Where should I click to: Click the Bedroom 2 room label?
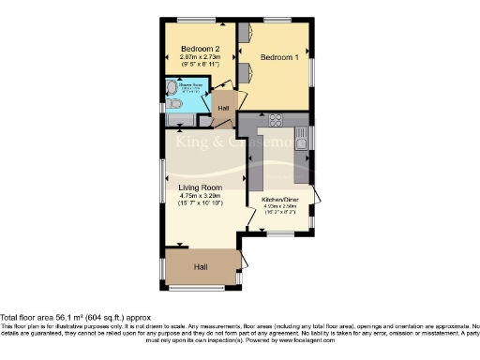tap(199, 49)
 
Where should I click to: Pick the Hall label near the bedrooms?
tap(223, 108)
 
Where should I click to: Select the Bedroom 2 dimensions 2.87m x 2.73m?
tap(199, 58)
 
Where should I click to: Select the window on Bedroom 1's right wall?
tap(312, 70)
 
